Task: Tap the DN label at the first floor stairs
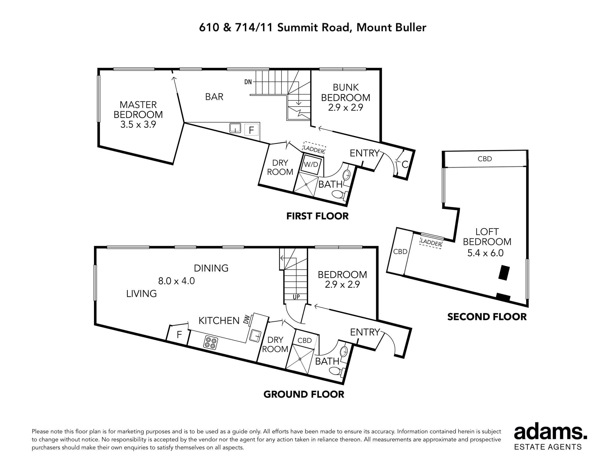[x=248, y=82]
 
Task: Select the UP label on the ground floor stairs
[x=296, y=297]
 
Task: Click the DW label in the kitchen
[x=246, y=321]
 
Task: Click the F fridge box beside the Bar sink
[x=251, y=130]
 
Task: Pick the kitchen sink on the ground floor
[x=255, y=335]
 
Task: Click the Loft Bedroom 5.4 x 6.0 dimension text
[x=485, y=253]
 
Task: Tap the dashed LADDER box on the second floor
[x=431, y=243]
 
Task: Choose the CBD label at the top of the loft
[x=485, y=159]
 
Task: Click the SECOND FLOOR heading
[x=487, y=317]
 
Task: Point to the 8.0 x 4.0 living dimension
[x=176, y=281]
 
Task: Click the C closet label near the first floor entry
[x=405, y=164]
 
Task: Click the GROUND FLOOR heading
[x=304, y=394]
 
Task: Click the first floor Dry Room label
[x=280, y=167]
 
